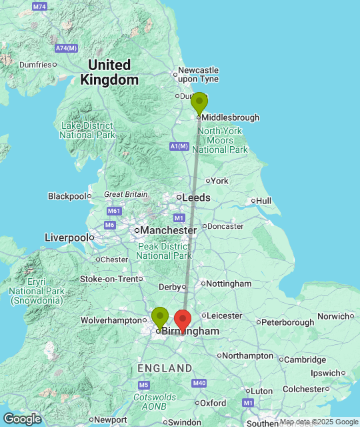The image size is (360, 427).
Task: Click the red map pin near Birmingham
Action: pyautogui.click(x=182, y=320)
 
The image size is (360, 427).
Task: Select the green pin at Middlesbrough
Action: pyautogui.click(x=199, y=103)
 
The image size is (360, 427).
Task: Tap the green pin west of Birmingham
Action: pyautogui.click(x=160, y=317)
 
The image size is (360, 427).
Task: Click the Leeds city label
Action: pyautogui.click(x=195, y=197)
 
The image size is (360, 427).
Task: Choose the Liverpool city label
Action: pyautogui.click(x=66, y=238)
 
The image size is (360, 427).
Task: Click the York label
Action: pyautogui.click(x=219, y=181)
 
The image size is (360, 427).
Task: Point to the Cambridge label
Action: pyautogui.click(x=305, y=359)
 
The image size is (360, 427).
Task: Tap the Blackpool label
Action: pyautogui.click(x=67, y=196)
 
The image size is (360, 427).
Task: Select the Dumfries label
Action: pyautogui.click(x=35, y=65)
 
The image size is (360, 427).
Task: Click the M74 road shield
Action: pyautogui.click(x=39, y=7)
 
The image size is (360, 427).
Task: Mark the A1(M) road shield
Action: pyautogui.click(x=179, y=146)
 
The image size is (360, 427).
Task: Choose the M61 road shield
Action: pyautogui.click(x=114, y=211)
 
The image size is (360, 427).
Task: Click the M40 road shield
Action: pyautogui.click(x=199, y=383)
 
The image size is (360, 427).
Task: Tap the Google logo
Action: pyautogui.click(x=21, y=418)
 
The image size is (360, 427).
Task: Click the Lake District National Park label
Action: pyautogui.click(x=87, y=130)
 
